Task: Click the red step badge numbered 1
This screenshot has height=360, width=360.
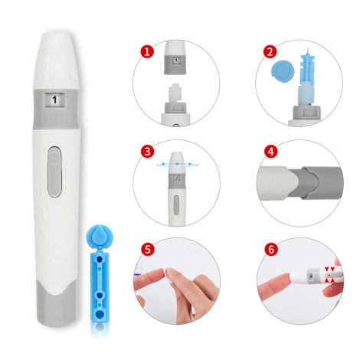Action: pyautogui.click(x=147, y=51)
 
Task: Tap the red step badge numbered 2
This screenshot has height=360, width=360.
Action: pyautogui.click(x=270, y=51)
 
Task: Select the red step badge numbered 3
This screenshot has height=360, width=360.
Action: pyautogui.click(x=147, y=151)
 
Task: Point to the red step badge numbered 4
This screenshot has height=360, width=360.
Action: pyautogui.click(x=270, y=152)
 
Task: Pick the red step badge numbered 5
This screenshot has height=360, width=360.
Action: pyautogui.click(x=148, y=249)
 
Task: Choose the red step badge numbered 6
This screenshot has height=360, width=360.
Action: pyautogui.click(x=271, y=249)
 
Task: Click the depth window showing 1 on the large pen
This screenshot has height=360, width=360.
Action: pyautogui.click(x=54, y=100)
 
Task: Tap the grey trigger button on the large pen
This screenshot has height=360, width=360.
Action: pyautogui.click(x=54, y=172)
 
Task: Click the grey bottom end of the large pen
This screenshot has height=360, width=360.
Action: pyautogui.click(x=57, y=304)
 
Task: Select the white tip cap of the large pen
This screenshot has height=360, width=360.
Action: pyautogui.click(x=56, y=61)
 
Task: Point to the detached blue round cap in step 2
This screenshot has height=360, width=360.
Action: pyautogui.click(x=283, y=71)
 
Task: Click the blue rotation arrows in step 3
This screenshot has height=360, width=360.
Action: pyautogui.click(x=178, y=164)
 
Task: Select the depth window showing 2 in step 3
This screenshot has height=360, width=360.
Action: pyautogui.click(x=176, y=178)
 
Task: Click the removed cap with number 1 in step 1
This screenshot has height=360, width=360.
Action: pyautogui.click(x=176, y=57)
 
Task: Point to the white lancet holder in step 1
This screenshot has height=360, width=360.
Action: pyautogui.click(x=175, y=93)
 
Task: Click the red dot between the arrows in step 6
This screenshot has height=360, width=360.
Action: pyautogui.click(x=329, y=275)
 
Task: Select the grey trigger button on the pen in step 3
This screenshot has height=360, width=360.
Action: pyautogui.click(x=176, y=205)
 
